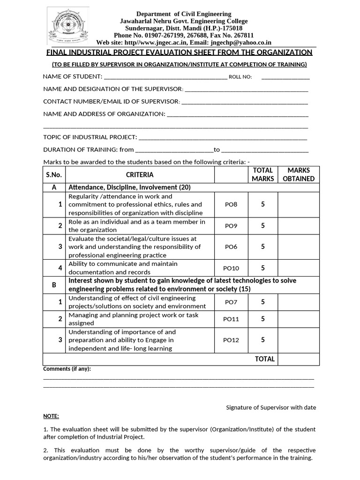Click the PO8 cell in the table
[x=231, y=204]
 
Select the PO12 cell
[x=231, y=340]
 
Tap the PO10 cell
[x=231, y=268]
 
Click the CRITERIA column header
[x=140, y=175]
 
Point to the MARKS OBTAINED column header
[x=299, y=174]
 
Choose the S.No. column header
[x=54, y=175]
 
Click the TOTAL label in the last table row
[x=265, y=359]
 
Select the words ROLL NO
[x=240, y=77]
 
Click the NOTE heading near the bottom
[x=51, y=416]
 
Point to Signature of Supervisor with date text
[x=271, y=407]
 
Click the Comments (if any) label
[x=67, y=369]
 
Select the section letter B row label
[x=54, y=285]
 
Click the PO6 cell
[x=231, y=247]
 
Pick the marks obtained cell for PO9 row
[x=299, y=225]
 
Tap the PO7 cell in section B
[x=231, y=302]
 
